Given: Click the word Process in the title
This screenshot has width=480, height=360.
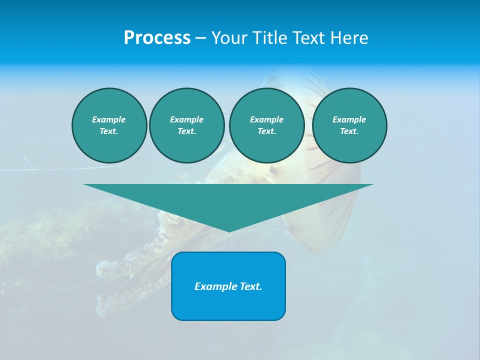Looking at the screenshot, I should click(x=157, y=38).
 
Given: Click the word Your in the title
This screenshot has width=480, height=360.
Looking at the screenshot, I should click(x=229, y=38).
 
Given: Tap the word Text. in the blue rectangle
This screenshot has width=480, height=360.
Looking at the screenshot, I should click(x=251, y=286).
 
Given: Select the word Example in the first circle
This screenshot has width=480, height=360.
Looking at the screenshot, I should click(x=109, y=119).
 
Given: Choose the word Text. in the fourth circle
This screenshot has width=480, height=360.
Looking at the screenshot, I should click(x=349, y=131).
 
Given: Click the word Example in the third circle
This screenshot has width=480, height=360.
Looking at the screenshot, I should click(x=266, y=119).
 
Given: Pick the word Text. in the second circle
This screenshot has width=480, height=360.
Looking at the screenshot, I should click(x=186, y=131).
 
